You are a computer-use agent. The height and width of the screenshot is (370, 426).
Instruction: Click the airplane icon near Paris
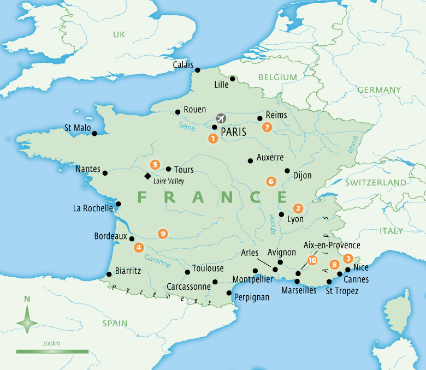coord(221,118)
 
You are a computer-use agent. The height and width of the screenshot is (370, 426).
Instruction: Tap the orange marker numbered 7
coord(267,127)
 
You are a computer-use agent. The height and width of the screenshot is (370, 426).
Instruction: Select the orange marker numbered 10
coord(312,260)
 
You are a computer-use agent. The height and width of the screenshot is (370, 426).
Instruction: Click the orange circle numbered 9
coord(162,234)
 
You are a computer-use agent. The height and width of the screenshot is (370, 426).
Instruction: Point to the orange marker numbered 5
coord(156,164)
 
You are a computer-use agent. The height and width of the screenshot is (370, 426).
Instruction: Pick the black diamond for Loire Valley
coord(147,176)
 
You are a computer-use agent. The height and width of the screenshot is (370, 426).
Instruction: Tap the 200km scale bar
coord(52,351)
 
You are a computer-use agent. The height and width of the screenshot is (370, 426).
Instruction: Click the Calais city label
coord(183,64)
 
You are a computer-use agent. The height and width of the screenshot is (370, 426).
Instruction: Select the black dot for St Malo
coord(94,133)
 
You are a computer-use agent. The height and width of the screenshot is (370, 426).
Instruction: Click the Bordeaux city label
coord(110,237)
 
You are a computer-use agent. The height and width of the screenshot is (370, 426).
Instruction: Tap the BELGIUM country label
coord(277,77)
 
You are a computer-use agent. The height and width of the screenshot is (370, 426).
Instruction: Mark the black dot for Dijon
coord(287,170)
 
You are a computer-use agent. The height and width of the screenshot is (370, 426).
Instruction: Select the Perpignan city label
coord(252,297)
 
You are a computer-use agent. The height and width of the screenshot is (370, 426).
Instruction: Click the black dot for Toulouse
coord(187,272)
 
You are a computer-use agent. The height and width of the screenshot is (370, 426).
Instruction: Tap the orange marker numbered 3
coord(347,258)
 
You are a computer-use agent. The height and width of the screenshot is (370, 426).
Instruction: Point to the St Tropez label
coord(342,291)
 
